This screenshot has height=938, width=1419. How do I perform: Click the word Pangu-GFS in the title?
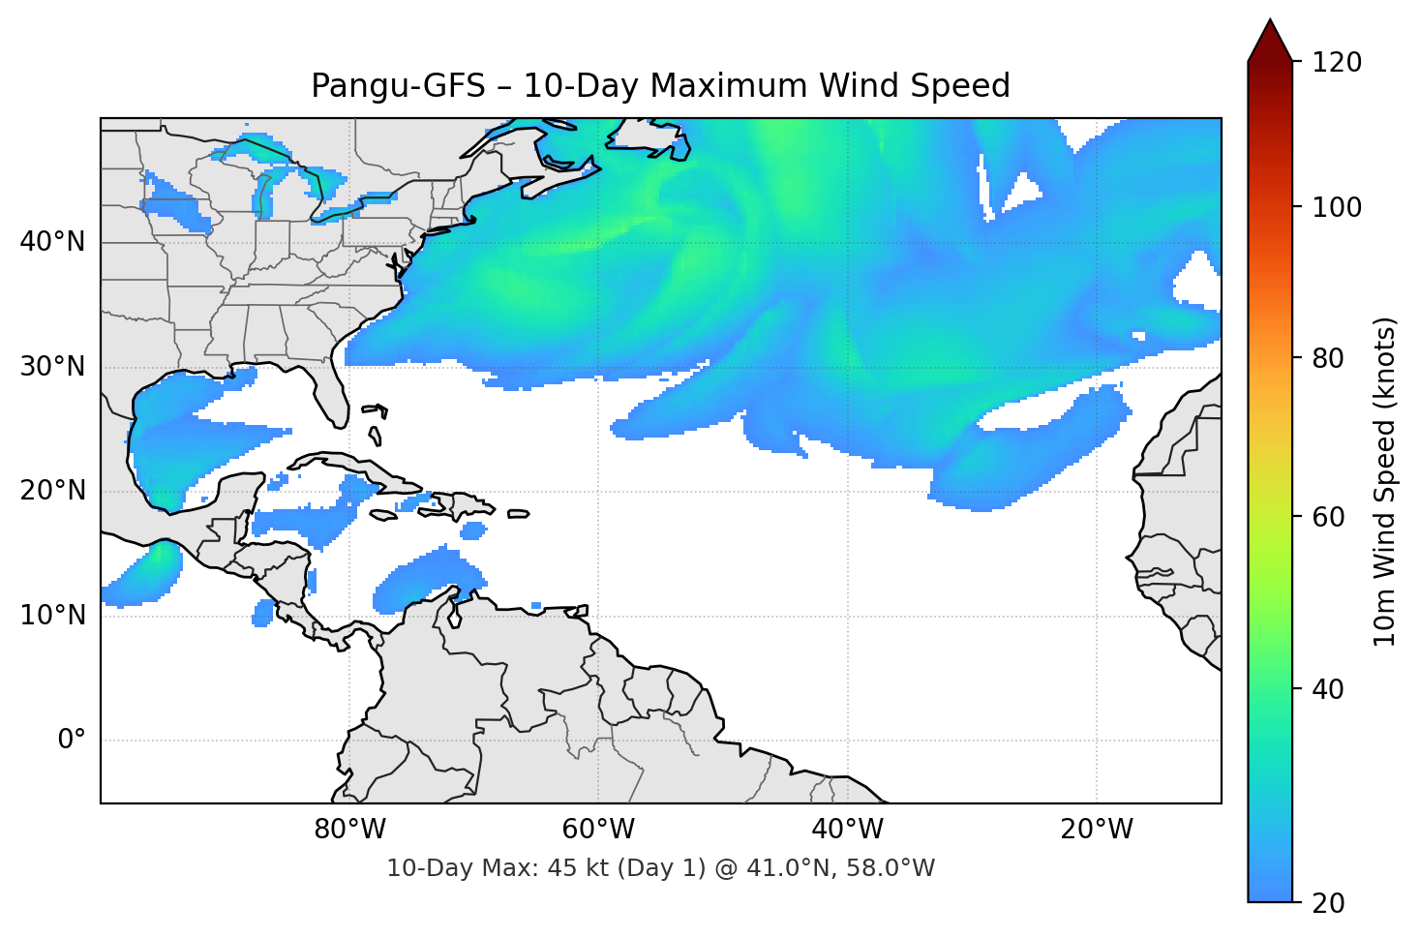pos(398,86)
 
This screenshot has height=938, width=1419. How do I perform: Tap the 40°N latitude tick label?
pos(52,241)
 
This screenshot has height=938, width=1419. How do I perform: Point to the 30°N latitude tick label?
pos(52,367)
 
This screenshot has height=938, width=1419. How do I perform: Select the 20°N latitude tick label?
pos(52,491)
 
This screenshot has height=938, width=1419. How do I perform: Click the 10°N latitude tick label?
pos(52,616)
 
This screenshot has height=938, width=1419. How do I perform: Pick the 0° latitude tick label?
pos(72,741)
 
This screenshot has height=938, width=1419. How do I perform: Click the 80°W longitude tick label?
pos(349,830)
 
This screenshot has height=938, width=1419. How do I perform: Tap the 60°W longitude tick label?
pos(598,830)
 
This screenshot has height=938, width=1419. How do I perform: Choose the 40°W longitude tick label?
pos(847,830)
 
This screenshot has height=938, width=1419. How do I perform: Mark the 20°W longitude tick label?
pos(1097,830)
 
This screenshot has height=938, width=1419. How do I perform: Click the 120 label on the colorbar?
pos(1337,63)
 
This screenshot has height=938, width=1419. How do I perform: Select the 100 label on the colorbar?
pos(1337,207)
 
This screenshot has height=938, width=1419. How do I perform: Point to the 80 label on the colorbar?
pos(1328,358)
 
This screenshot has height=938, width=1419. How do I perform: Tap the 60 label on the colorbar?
pos(1328,517)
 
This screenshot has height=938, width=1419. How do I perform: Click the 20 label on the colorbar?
pos(1328,903)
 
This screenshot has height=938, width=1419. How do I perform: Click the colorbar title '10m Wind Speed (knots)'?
pos(1385,482)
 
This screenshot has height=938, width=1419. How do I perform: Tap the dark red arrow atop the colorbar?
pos(1270,42)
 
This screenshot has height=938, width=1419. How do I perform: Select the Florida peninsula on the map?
pos(330,392)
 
